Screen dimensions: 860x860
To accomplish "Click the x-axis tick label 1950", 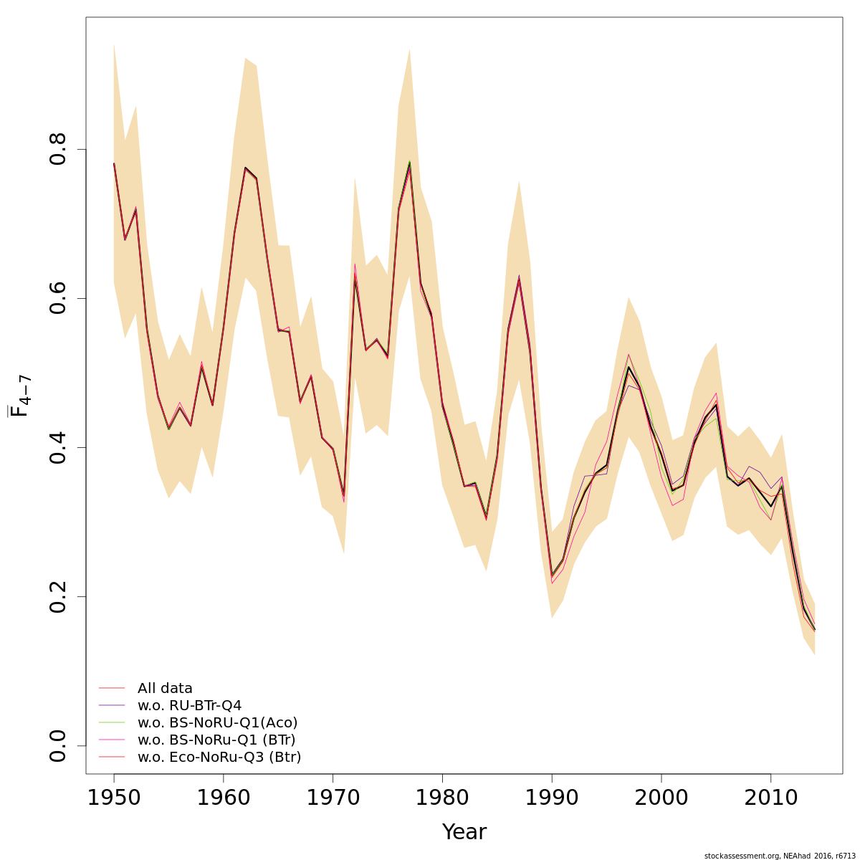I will (x=114, y=798).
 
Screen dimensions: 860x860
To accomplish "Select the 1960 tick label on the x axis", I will (x=224, y=798).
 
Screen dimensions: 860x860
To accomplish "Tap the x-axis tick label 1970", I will (x=333, y=798).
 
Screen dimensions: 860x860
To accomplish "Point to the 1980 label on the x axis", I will (x=442, y=798).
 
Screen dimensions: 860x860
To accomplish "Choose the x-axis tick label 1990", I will (x=552, y=798).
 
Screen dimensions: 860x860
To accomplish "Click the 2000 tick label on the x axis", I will (x=661, y=798).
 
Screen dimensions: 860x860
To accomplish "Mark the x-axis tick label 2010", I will (x=770, y=798).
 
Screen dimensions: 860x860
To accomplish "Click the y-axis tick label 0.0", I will (x=58, y=745).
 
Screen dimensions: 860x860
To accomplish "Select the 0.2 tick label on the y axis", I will (x=58, y=596).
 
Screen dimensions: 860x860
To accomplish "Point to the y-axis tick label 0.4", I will (x=58, y=447).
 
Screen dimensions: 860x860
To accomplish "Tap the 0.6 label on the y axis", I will (x=58, y=298).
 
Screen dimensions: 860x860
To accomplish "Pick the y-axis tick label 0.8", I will (x=58, y=149).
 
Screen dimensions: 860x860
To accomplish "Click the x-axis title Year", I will (x=464, y=833).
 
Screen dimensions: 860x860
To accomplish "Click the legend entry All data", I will (x=165, y=689).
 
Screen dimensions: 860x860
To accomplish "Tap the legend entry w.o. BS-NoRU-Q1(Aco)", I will (x=217, y=723).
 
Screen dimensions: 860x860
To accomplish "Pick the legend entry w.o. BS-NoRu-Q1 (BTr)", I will (x=216, y=740).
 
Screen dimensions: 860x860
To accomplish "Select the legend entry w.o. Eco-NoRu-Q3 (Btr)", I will (x=219, y=758).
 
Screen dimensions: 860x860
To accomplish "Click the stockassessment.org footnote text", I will (x=779, y=856).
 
